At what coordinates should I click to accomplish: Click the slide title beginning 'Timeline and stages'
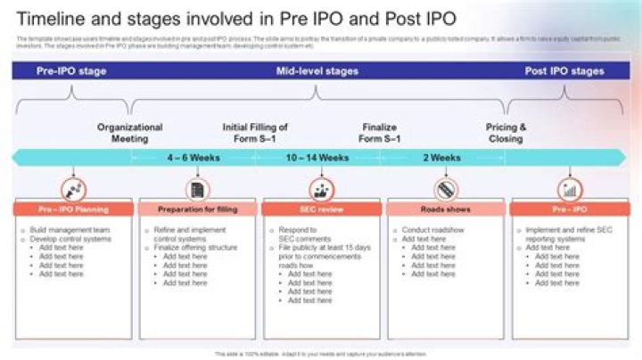pyautogui.click(x=235, y=19)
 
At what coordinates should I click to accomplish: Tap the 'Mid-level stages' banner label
pyautogui.click(x=317, y=70)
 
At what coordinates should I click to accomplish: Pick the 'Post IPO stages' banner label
pyautogui.click(x=564, y=70)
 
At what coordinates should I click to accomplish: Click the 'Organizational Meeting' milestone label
pyautogui.click(x=129, y=133)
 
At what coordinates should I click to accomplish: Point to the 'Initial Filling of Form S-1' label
pyautogui.click(x=255, y=133)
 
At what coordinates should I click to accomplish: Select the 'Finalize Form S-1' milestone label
pyautogui.click(x=379, y=133)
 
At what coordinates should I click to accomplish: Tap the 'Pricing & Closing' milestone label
pyautogui.click(x=506, y=133)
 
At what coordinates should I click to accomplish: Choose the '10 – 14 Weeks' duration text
pyautogui.click(x=317, y=158)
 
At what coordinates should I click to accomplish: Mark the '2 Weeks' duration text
pyautogui.click(x=441, y=158)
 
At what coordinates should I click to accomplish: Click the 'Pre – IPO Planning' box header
pyautogui.click(x=73, y=209)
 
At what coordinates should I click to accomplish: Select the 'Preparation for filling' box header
pyautogui.click(x=197, y=209)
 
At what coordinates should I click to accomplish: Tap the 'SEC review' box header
pyautogui.click(x=321, y=209)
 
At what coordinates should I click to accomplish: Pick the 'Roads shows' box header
pyautogui.click(x=445, y=209)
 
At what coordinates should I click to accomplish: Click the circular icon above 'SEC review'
pyautogui.click(x=321, y=189)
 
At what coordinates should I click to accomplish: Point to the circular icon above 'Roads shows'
pyautogui.click(x=445, y=189)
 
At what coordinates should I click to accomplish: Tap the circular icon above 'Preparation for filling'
pyautogui.click(x=197, y=189)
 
